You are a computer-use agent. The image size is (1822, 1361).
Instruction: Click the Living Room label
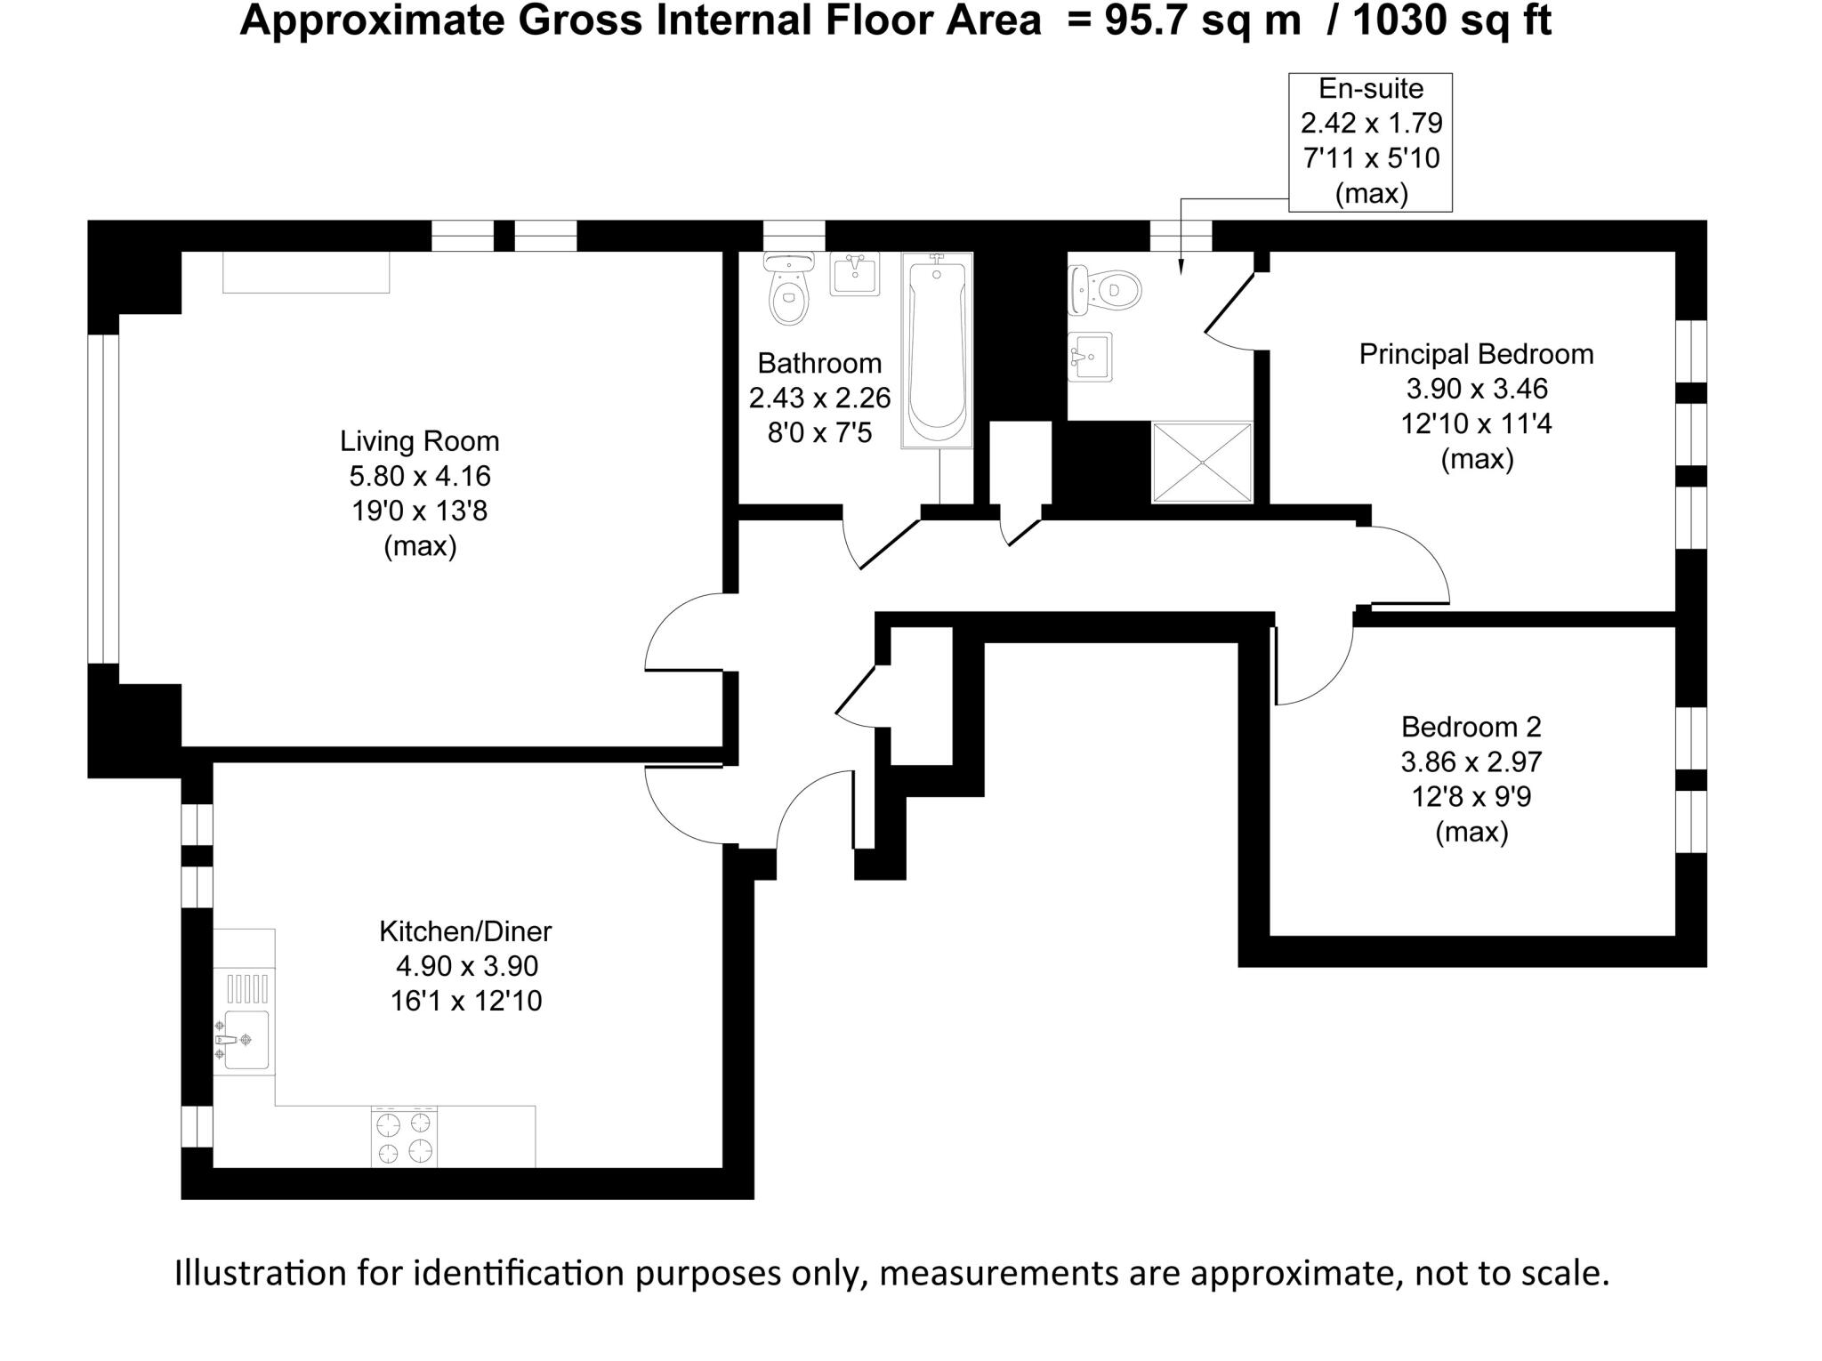click(419, 441)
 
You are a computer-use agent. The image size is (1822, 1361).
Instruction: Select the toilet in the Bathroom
click(788, 289)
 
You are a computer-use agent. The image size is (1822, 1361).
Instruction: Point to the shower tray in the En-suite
click(1202, 463)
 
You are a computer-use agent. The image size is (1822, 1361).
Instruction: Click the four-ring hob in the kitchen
click(404, 1137)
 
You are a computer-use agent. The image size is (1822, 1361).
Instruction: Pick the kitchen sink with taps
click(243, 1039)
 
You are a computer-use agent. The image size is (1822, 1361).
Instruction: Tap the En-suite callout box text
click(1370, 141)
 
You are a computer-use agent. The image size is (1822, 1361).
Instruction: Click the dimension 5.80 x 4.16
click(419, 476)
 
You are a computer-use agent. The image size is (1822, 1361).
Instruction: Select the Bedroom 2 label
click(1471, 727)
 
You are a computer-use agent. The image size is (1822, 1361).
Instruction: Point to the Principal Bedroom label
click(1476, 354)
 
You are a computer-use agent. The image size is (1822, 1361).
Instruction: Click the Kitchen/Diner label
click(465, 931)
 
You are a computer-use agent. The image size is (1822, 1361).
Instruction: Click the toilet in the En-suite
click(1108, 290)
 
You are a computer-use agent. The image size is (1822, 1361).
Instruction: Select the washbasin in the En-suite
click(1090, 357)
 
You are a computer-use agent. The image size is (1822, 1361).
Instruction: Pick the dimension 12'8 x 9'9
click(1471, 797)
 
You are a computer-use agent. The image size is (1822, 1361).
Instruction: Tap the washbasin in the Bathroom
click(854, 273)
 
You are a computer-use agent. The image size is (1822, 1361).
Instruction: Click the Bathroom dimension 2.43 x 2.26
click(819, 398)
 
